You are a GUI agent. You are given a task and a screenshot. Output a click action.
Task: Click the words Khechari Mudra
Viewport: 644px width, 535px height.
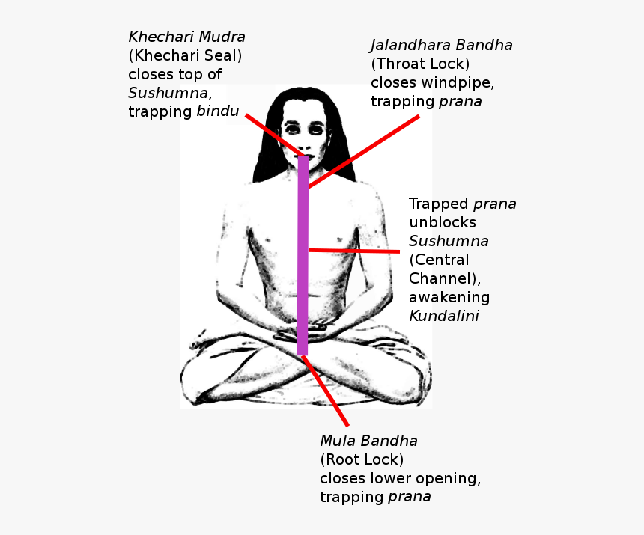point(186,37)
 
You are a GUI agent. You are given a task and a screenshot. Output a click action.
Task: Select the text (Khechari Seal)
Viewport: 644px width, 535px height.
point(185,55)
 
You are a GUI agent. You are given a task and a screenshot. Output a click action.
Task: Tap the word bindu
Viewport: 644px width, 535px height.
point(218,111)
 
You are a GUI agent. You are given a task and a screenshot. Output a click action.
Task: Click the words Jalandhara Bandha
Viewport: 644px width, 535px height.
point(441,45)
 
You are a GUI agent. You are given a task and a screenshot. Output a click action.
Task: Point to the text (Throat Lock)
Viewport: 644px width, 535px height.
point(419,64)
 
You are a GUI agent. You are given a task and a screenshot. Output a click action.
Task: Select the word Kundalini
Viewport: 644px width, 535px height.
point(444,316)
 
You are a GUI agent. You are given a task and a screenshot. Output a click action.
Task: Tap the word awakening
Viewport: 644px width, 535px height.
point(449,297)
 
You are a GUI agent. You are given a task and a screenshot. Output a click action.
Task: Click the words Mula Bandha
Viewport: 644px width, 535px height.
point(368,441)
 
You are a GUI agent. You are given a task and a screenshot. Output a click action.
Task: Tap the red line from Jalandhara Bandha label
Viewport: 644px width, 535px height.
point(367,150)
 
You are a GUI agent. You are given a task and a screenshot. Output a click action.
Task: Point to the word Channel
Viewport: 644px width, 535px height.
point(439,278)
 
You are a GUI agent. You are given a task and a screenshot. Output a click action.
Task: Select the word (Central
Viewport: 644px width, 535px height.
point(439,260)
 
